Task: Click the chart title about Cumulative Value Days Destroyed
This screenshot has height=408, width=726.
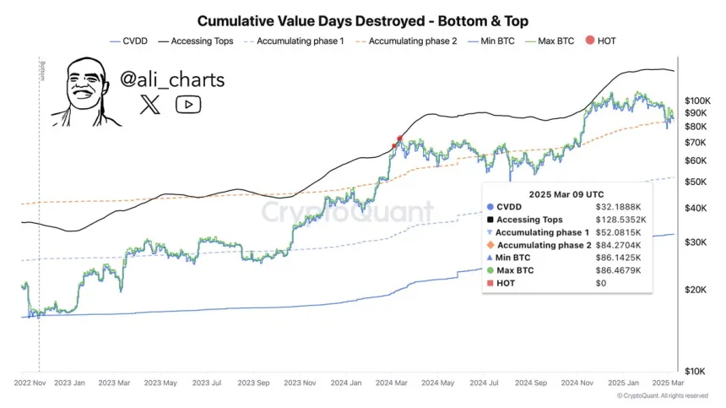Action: tap(362, 19)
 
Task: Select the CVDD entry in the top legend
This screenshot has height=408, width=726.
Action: tap(134, 40)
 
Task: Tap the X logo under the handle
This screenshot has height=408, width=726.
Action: tap(149, 105)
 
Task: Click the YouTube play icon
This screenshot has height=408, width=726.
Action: tap(188, 105)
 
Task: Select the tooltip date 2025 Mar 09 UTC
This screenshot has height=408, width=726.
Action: tap(566, 193)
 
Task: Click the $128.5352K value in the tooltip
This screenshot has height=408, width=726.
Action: tap(619, 219)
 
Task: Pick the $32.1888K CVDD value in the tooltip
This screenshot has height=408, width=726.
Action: tap(619, 206)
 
